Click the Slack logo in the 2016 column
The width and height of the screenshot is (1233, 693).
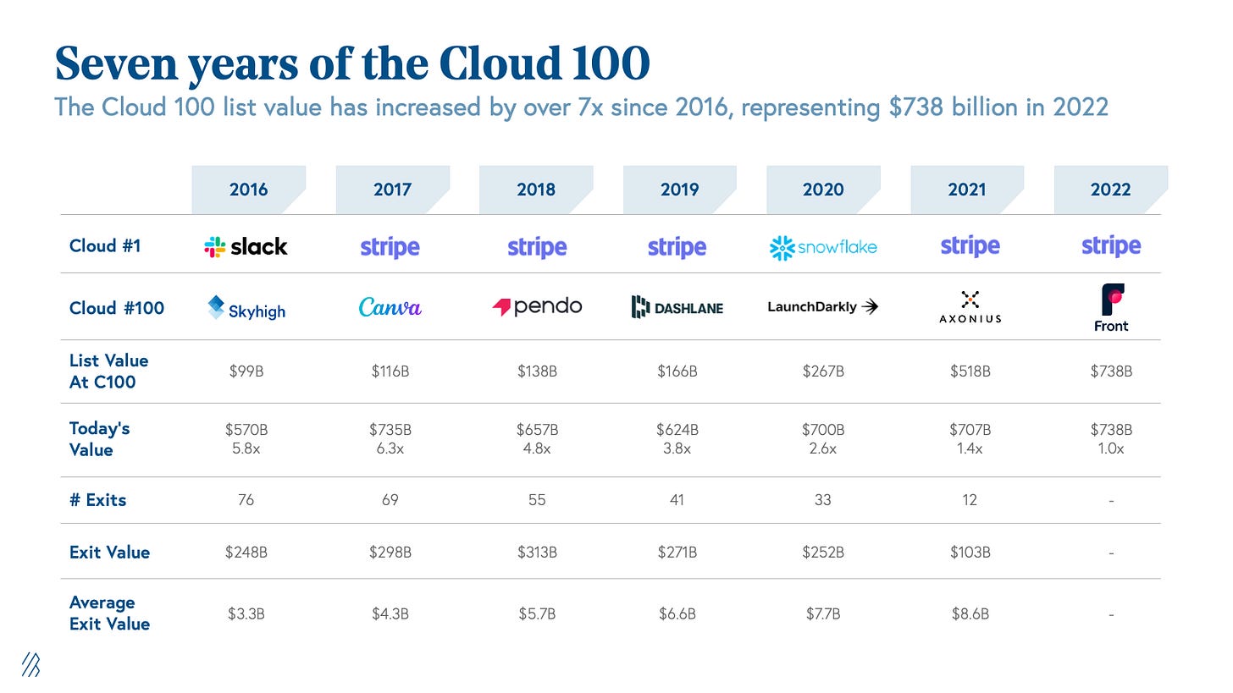pos(246,246)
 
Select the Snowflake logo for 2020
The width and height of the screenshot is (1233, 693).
pos(822,247)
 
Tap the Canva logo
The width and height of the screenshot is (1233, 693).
pos(390,307)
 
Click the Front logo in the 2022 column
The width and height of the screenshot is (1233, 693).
pos(1111,308)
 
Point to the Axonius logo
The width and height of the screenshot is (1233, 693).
pos(970,306)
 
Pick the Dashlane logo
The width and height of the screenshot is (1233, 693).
pos(677,307)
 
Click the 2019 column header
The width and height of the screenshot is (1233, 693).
pos(679,190)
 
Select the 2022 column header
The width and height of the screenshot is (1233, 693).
pos(1110,190)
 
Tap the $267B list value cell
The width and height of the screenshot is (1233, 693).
pos(822,371)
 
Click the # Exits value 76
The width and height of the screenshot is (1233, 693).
pos(246,500)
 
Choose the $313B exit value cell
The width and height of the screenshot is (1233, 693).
pos(536,552)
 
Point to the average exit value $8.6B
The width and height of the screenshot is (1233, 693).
pos(970,613)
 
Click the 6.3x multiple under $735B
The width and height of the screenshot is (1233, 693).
pos(390,448)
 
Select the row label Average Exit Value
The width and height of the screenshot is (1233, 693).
pos(109,613)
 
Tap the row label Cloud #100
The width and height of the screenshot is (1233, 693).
pos(116,308)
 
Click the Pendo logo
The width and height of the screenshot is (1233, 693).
pos(537,306)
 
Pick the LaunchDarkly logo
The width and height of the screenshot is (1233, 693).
pos(822,307)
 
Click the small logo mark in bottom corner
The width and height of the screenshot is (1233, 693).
pos(30,665)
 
